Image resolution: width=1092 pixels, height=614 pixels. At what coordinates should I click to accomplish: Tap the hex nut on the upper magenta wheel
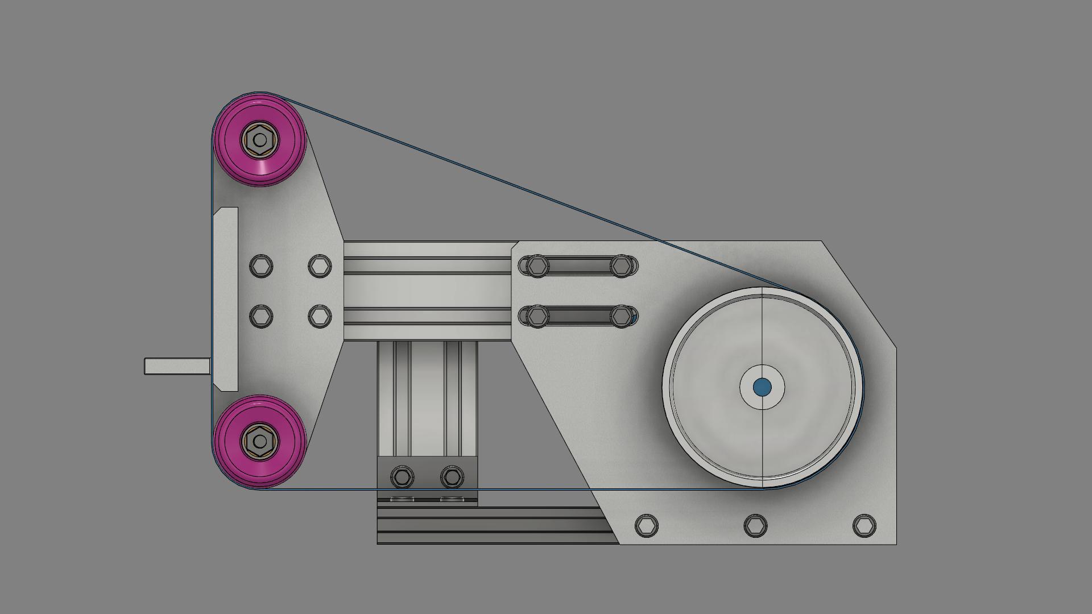260,139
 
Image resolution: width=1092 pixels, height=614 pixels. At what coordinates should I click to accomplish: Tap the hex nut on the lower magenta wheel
260,441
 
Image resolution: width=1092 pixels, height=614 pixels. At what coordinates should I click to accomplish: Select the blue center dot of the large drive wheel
762,387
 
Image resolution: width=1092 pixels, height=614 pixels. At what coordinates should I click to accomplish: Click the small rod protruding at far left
176,366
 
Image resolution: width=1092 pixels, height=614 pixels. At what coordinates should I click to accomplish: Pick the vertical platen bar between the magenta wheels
226,299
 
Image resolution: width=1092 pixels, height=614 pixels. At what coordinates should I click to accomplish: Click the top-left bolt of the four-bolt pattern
261,265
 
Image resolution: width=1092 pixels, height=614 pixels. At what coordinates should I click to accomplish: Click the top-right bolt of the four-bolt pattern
320,265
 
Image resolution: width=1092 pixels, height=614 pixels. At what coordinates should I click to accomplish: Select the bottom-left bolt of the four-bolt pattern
261,316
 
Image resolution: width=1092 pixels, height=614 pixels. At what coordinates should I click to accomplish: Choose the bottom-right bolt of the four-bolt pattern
320,316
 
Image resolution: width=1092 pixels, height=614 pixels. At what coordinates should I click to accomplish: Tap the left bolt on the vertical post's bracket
403,476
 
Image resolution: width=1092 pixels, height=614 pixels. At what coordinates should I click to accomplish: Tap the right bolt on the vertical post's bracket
452,476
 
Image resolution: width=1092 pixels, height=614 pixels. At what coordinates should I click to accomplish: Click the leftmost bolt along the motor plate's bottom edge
647,525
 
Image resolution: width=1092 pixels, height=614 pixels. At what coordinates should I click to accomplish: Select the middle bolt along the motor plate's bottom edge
755,525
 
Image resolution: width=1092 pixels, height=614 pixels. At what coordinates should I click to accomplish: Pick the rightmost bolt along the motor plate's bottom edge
864,525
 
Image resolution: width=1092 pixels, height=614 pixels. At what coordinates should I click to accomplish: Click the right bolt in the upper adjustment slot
622,265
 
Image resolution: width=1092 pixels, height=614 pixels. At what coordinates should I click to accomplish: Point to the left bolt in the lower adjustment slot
537,316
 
